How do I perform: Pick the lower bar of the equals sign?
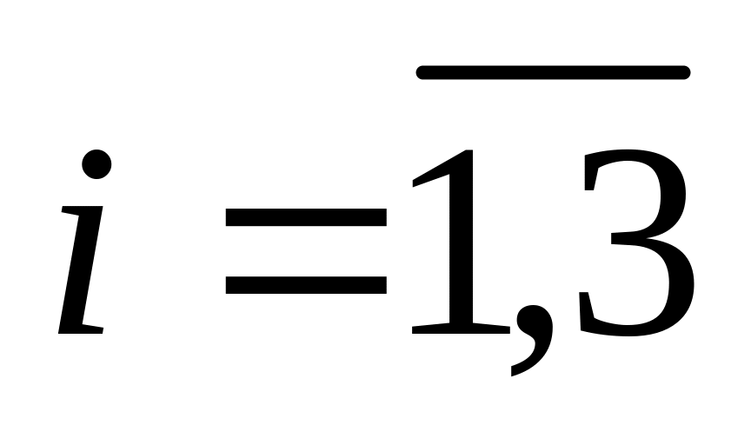pos(305,284)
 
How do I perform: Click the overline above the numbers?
pos(554,72)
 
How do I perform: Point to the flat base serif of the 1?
pos(461,328)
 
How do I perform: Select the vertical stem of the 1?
pos(462,252)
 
